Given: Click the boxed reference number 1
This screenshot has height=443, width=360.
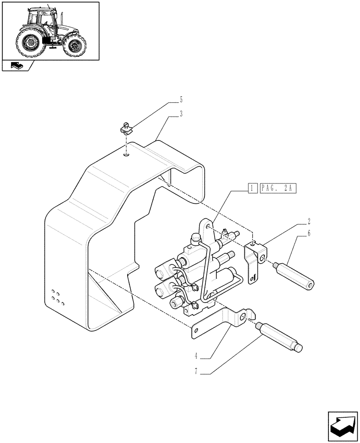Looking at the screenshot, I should click(x=251, y=188).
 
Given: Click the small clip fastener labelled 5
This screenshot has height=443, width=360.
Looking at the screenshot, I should click(x=127, y=130).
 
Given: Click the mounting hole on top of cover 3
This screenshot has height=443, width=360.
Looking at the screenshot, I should click(x=127, y=155).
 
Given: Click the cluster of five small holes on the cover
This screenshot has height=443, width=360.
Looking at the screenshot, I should click(x=58, y=296).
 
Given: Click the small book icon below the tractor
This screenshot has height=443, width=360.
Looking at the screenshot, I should click(x=16, y=66).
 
